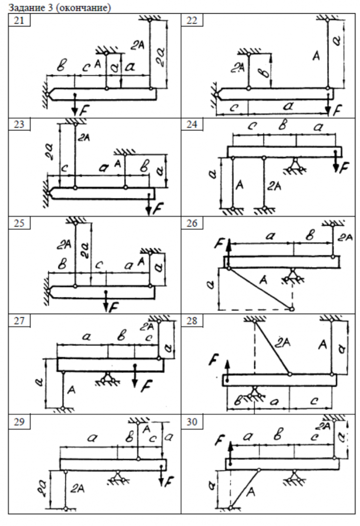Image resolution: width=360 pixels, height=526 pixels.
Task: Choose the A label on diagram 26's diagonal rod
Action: (263, 281)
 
